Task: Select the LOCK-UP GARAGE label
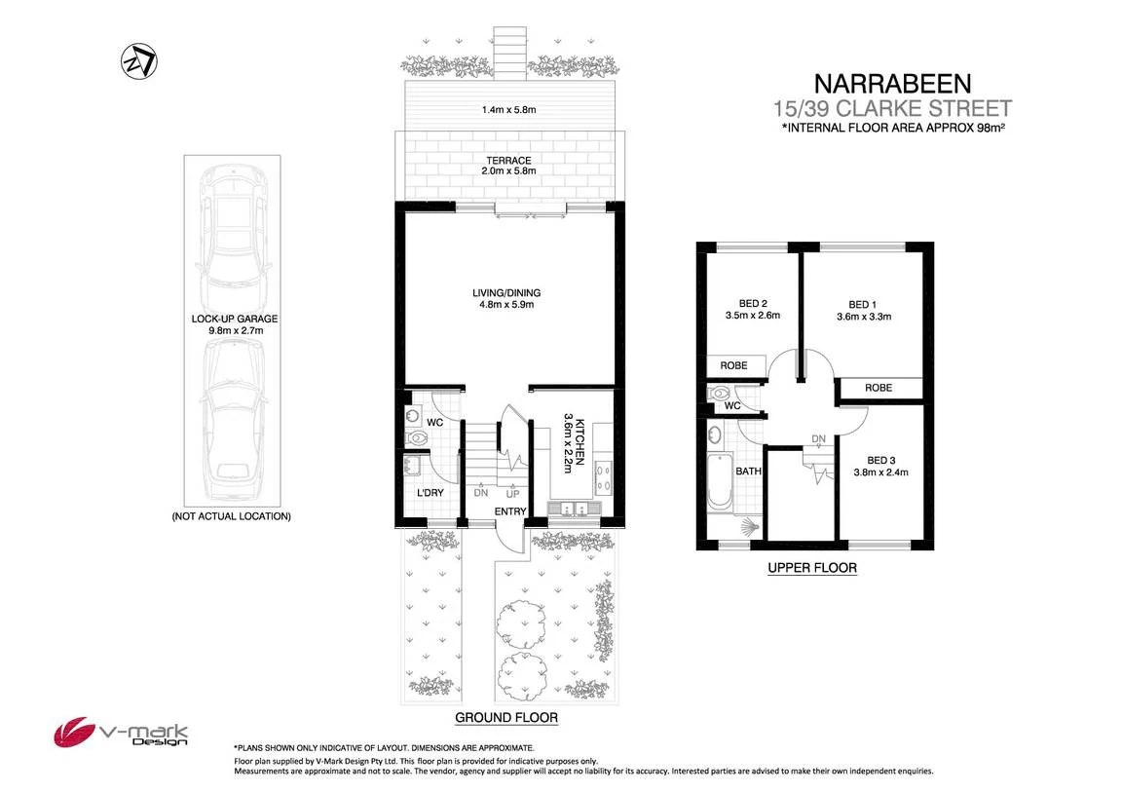(x=234, y=319)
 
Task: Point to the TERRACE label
(x=509, y=161)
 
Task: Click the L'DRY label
(x=430, y=493)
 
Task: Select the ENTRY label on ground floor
(x=510, y=511)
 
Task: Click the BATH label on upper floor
(x=748, y=472)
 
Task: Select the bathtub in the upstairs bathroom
(x=718, y=480)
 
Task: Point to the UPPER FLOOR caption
(x=811, y=568)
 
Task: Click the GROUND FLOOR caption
(x=506, y=718)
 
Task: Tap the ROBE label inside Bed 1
(x=879, y=389)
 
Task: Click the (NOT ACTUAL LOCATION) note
(x=231, y=516)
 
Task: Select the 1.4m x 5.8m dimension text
(x=509, y=109)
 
